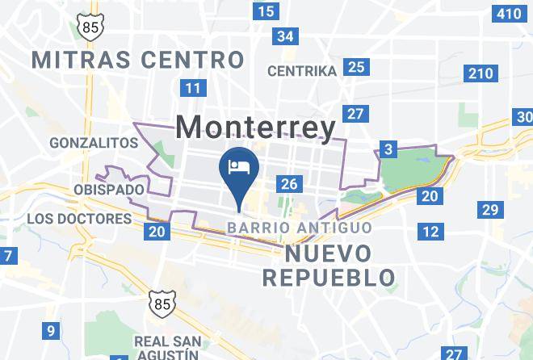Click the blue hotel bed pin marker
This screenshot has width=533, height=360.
(x=239, y=168)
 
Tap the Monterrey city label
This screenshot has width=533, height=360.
(x=255, y=128)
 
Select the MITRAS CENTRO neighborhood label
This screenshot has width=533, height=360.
(x=137, y=59)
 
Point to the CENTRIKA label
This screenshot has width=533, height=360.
(x=301, y=71)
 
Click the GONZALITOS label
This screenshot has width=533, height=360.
(x=94, y=142)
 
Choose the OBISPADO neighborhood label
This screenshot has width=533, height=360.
(x=108, y=189)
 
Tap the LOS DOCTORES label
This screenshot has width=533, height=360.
(x=79, y=219)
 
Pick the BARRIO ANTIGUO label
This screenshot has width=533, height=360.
(x=299, y=228)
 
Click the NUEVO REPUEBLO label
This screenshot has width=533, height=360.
(x=329, y=265)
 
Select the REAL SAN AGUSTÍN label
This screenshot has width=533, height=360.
(x=167, y=347)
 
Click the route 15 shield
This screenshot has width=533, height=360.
(x=265, y=11)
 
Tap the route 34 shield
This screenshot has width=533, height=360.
(x=284, y=36)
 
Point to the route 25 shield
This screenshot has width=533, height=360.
(x=356, y=67)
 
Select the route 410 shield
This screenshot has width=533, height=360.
(x=510, y=14)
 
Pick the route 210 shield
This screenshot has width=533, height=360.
(x=480, y=74)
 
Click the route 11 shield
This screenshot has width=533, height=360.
(x=192, y=89)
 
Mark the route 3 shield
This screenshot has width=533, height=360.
(x=389, y=149)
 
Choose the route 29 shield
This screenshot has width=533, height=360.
(x=489, y=210)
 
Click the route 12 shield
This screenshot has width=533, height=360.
(x=431, y=232)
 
